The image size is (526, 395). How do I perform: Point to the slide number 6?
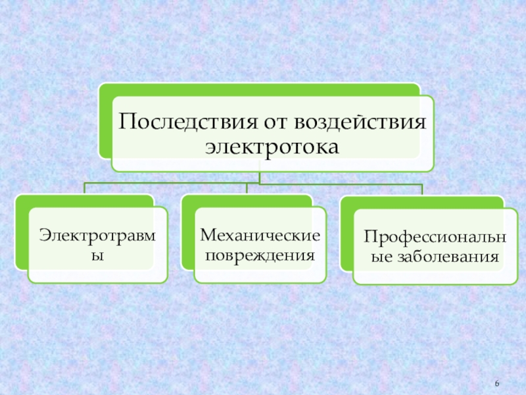(x=497, y=384)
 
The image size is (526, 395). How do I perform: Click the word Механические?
(x=260, y=234)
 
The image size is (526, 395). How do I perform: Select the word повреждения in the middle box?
(x=260, y=253)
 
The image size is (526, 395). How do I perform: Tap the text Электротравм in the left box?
(x=97, y=234)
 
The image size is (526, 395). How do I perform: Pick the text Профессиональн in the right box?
(x=435, y=236)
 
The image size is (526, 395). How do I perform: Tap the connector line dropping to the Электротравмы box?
(x=84, y=189)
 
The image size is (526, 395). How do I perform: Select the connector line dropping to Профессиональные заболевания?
(x=421, y=190)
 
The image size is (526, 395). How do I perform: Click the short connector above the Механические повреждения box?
(x=247, y=189)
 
